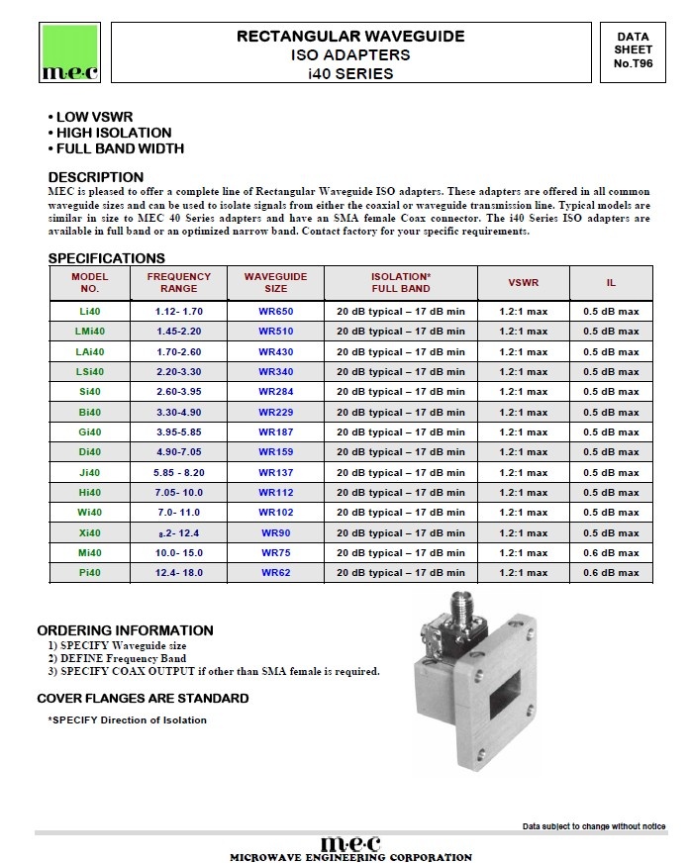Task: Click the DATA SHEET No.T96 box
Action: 633,50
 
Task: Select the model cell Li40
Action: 90,312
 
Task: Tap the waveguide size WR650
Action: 276,312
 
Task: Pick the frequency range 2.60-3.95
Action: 179,392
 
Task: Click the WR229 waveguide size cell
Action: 276,412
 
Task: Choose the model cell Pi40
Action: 90,573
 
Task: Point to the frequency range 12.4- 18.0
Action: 179,573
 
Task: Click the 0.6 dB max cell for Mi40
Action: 611,553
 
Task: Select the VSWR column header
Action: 524,283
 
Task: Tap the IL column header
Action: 611,283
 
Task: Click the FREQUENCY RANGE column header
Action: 179,283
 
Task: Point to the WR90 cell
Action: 276,532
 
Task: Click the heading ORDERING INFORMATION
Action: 125,630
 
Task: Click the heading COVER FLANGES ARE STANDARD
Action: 143,699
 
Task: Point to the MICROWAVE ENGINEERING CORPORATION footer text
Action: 350,857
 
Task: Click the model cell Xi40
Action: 90,532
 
